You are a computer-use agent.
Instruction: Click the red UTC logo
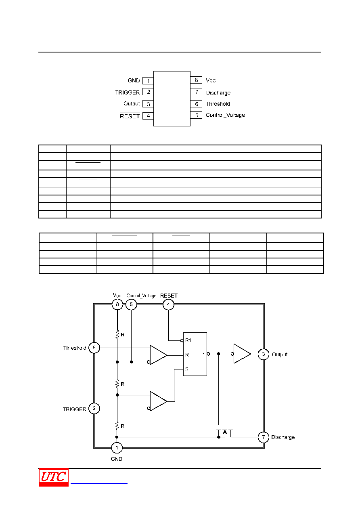pos(54,477)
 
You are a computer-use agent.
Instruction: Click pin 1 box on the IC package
pos(148,81)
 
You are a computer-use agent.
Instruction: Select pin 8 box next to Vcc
pos(196,80)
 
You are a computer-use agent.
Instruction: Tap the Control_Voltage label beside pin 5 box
pos(225,115)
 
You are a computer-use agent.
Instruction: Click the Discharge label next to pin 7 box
pos(218,92)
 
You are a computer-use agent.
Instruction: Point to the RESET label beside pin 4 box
pos(130,116)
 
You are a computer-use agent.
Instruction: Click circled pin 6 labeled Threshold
pos(94,348)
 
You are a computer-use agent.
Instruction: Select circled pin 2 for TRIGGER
pos(94,408)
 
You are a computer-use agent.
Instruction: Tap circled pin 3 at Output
pos(263,354)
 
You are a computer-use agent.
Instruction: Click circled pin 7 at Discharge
pos(263,437)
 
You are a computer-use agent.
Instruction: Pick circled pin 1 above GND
pos(117,448)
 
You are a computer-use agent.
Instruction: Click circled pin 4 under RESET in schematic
pos(168,304)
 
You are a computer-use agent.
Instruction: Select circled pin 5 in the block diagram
pos(131,304)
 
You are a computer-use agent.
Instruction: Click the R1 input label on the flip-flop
pos(188,340)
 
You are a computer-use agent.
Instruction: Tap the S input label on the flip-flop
pos(186,369)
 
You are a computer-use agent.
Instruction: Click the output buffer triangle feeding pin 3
pos(242,354)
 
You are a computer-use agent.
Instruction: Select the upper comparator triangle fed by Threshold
pos(159,355)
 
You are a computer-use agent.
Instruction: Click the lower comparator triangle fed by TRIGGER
pos(159,401)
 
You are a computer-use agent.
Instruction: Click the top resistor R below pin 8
pos(117,334)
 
